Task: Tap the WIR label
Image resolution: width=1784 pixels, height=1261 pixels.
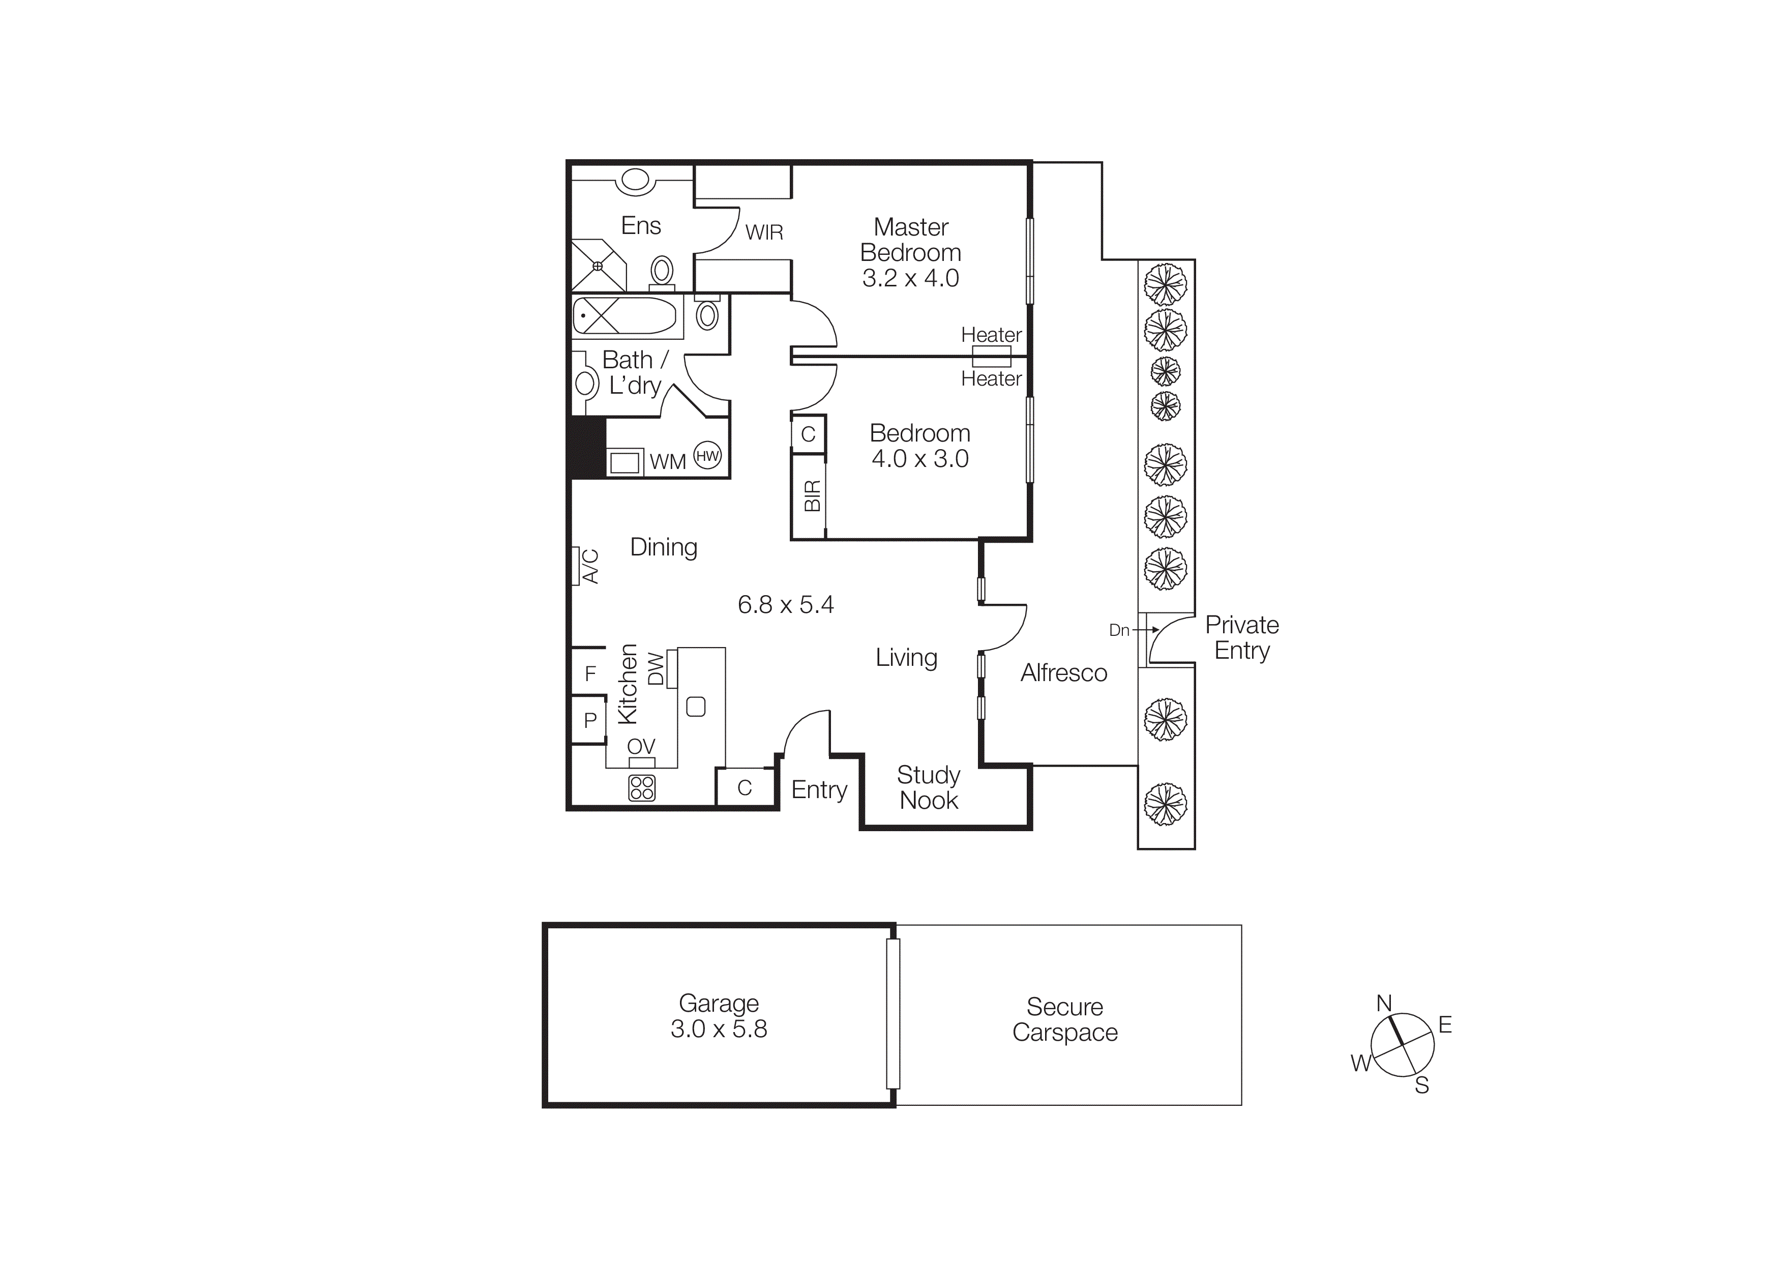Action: pyautogui.click(x=764, y=232)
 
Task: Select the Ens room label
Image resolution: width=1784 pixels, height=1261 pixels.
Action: pyautogui.click(x=641, y=225)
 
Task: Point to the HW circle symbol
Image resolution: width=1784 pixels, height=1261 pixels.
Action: pyautogui.click(x=707, y=456)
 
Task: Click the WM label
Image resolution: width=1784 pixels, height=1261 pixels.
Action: pyautogui.click(x=667, y=461)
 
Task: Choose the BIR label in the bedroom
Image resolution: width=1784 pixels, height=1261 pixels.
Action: pyautogui.click(x=812, y=495)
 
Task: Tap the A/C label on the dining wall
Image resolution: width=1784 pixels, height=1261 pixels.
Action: pyautogui.click(x=590, y=566)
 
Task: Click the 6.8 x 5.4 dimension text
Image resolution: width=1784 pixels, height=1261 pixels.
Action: pyautogui.click(x=786, y=604)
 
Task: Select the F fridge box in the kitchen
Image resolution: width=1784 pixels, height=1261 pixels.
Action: pyautogui.click(x=590, y=673)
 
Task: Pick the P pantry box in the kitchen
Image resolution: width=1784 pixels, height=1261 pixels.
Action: pyautogui.click(x=590, y=720)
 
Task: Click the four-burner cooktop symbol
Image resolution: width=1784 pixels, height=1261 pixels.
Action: pyautogui.click(x=642, y=788)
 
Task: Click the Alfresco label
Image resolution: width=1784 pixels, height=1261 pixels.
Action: pyautogui.click(x=1064, y=673)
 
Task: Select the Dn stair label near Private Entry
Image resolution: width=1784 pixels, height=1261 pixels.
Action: pyautogui.click(x=1119, y=630)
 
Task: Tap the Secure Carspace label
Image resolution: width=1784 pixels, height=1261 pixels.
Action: pyautogui.click(x=1064, y=1019)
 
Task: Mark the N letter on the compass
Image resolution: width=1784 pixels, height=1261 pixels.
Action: pyautogui.click(x=1384, y=1003)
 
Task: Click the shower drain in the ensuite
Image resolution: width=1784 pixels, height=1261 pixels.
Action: pyautogui.click(x=598, y=266)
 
